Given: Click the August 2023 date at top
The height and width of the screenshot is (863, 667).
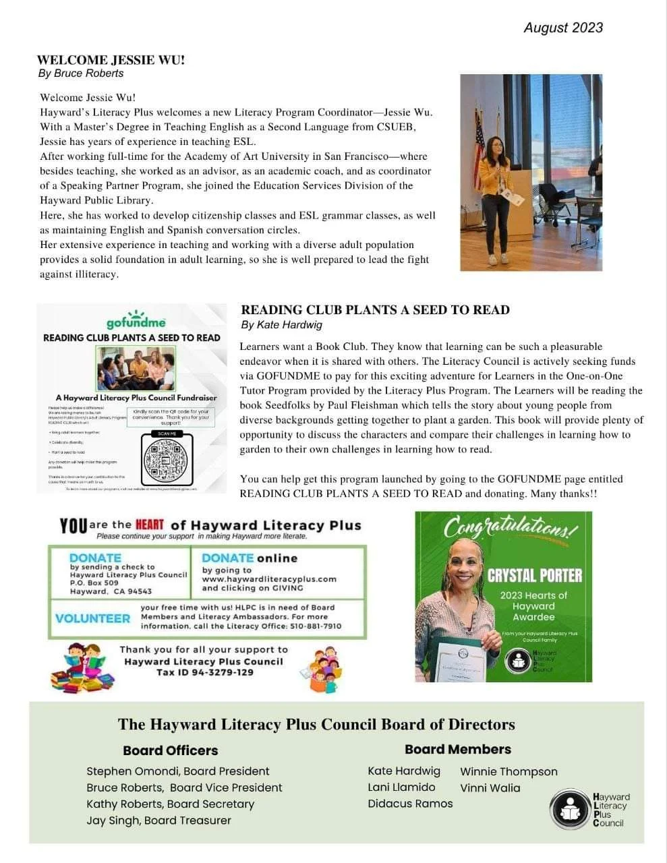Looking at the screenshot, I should tap(562, 28).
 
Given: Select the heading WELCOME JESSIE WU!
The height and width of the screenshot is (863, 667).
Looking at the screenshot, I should tap(111, 60).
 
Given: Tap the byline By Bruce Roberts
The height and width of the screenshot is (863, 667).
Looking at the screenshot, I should tap(81, 73).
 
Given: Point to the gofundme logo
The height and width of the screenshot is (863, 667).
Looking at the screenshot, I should tap(136, 321).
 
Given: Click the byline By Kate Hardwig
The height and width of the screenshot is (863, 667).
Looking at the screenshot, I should tap(281, 325).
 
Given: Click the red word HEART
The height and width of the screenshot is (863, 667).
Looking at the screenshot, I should tap(149, 525).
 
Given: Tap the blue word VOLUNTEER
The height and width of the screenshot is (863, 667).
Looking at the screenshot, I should tap(92, 618).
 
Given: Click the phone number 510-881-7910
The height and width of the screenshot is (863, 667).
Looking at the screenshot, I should tap(316, 626).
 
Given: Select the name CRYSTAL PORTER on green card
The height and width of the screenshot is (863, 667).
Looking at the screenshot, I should tap(534, 575).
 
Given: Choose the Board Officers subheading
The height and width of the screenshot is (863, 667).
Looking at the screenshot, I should tap(170, 750).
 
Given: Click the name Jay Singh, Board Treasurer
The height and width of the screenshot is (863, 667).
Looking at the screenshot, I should tap(158, 821).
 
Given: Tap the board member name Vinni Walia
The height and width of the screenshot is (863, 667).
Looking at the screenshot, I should tap(490, 788).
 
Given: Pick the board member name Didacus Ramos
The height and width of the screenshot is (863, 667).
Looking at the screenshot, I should tap(410, 804).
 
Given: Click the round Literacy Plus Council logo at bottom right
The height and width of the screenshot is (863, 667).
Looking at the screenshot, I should tap(570, 809).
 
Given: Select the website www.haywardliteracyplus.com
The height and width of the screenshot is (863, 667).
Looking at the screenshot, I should tap(269, 579).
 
